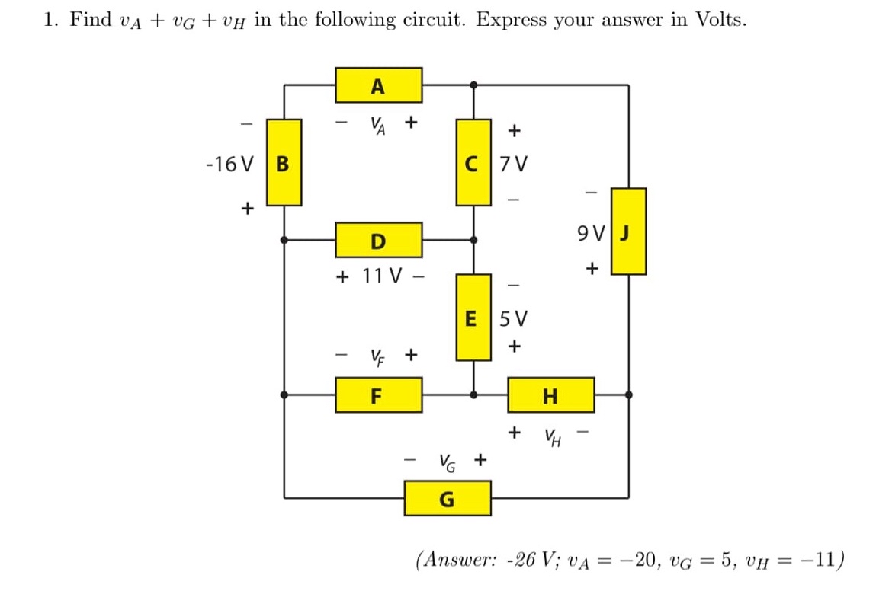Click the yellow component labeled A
[379, 85]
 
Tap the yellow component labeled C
[473, 162]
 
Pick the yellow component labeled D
[379, 240]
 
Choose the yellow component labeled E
[473, 317]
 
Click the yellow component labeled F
[379, 395]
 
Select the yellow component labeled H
[551, 395]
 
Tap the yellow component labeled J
[628, 231]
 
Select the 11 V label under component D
[378, 275]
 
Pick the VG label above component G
[447, 461]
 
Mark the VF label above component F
[377, 355]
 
